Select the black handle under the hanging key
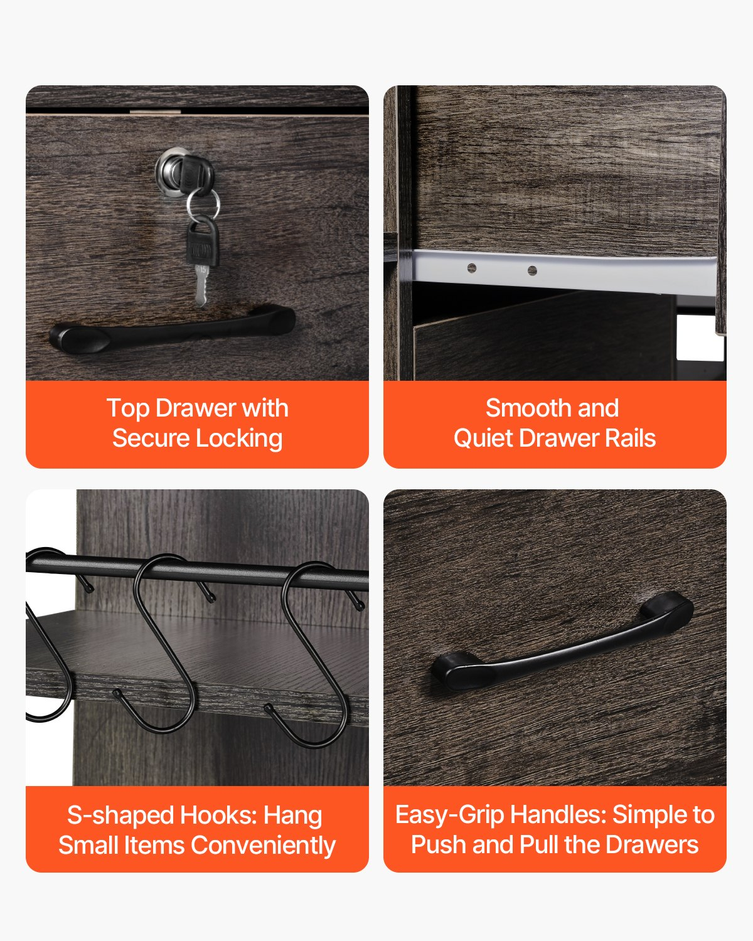click(172, 329)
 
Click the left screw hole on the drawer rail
click(472, 268)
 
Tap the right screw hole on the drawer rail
click(532, 270)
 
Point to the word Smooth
click(529, 408)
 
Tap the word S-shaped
click(121, 816)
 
